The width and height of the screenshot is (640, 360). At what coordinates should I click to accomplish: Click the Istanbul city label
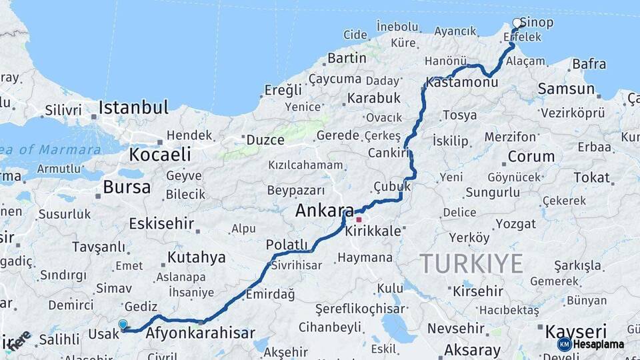pos(133,107)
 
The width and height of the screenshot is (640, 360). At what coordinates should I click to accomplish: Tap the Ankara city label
pos(325,211)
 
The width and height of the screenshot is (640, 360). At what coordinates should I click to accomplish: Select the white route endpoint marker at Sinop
pos(517,23)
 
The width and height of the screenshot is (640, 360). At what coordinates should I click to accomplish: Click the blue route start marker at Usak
pos(123,325)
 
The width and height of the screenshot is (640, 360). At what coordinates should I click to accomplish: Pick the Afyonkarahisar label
pos(200,333)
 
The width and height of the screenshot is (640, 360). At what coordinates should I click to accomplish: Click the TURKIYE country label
pos(471,264)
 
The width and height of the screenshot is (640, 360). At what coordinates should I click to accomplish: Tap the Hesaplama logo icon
pos(565,344)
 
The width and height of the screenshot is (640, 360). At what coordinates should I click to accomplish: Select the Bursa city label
pos(126,187)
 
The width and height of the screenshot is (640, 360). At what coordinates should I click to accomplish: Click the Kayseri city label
pos(576,331)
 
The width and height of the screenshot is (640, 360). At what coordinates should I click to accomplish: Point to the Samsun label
pos(566,89)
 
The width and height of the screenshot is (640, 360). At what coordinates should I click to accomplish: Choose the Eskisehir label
pos(161,223)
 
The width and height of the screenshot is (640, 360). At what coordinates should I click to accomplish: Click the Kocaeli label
pos(159,155)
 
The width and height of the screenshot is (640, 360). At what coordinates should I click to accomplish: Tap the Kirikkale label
pos(373,231)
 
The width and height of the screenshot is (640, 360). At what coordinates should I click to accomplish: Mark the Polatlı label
pos(287,245)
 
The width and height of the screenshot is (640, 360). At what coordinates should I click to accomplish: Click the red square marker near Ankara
pos(359,219)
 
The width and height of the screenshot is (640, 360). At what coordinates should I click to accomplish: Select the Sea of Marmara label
pos(51,149)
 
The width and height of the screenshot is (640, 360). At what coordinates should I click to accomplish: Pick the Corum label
pos(531,157)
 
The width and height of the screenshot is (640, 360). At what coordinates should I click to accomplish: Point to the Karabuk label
pos(373,98)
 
